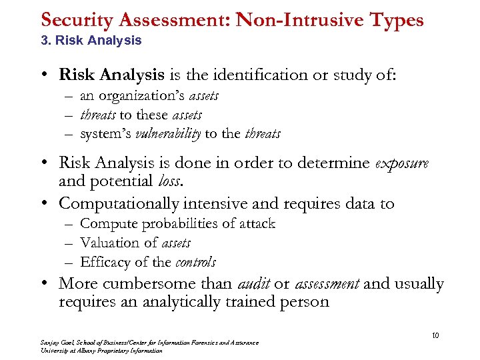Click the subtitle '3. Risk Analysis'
(91, 40)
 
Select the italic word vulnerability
(168, 134)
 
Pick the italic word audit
(254, 284)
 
